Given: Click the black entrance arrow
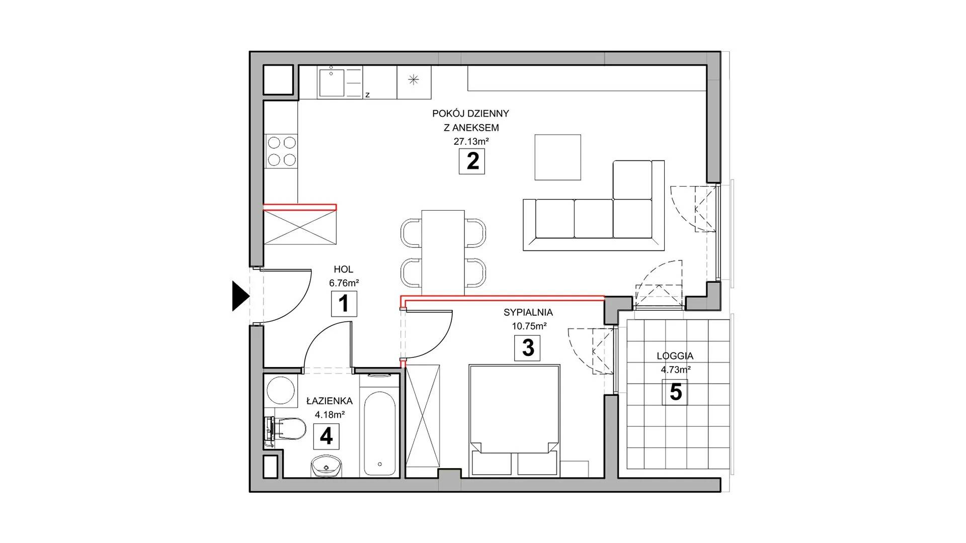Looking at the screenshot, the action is pos(240,297).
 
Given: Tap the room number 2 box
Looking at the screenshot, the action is pos(472,161).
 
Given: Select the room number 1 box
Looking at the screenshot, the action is pos(344,304).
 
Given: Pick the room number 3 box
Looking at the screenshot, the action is pos(527,348).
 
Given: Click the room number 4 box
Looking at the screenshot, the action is pos(326,436).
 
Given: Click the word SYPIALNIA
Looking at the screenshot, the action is pos(528,312).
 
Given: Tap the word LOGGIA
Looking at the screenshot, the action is pos(675,356).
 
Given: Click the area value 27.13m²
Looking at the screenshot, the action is pos(471,141).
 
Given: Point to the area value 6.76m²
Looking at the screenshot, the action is pos(344,283).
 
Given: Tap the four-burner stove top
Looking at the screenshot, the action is pos(282,151).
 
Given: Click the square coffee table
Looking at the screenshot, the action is pos(557,157).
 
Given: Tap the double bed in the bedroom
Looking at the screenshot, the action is pos(514,420).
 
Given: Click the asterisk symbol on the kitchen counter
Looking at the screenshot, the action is pos(414,79).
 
